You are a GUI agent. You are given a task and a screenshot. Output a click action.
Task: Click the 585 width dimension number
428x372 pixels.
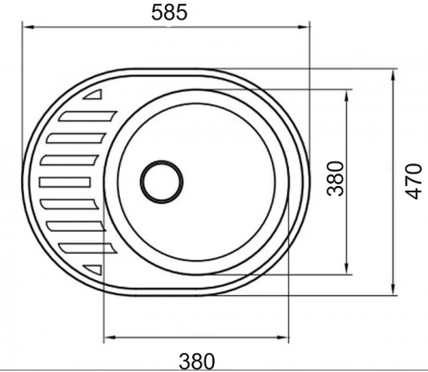pyautogui.click(x=169, y=12)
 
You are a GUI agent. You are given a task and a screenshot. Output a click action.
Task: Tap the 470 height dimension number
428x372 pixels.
pyautogui.click(x=413, y=181)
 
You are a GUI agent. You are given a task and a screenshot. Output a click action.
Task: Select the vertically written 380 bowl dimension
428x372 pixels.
pyautogui.click(x=335, y=179)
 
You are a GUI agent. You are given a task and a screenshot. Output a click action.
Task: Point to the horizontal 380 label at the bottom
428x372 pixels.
pyautogui.click(x=197, y=361)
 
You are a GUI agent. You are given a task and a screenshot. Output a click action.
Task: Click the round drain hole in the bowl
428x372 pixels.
pyautogui.click(x=162, y=182)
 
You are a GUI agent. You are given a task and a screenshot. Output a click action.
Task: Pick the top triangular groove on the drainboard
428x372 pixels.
pyautogui.click(x=93, y=94)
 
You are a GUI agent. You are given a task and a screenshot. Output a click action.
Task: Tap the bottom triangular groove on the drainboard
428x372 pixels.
pyautogui.click(x=93, y=269)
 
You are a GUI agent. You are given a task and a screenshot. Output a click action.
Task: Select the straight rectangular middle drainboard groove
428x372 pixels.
pyautogui.click(x=65, y=182)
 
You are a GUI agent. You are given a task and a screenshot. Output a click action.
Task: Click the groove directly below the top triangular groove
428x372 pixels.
pyautogui.click(x=87, y=116)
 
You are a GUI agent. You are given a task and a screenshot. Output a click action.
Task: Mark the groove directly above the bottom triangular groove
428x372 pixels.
pyautogui.click(x=87, y=248)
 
